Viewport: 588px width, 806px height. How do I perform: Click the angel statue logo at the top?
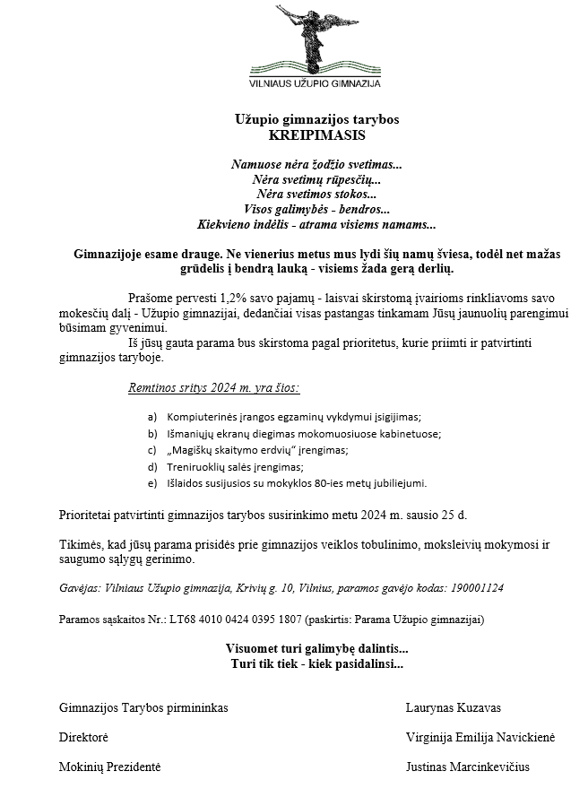(x=314, y=38)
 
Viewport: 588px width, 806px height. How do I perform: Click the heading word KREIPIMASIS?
(x=317, y=135)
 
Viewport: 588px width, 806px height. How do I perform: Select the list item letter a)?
(x=152, y=417)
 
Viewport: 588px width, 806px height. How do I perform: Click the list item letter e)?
(x=152, y=483)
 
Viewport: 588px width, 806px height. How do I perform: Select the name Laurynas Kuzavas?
(x=453, y=707)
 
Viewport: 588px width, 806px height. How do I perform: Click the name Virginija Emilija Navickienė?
(x=480, y=737)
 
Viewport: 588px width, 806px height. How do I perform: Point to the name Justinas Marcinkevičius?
(x=467, y=767)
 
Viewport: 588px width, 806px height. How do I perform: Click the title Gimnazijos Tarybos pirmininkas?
(x=143, y=707)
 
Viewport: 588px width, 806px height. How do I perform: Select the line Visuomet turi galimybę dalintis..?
(x=317, y=649)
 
